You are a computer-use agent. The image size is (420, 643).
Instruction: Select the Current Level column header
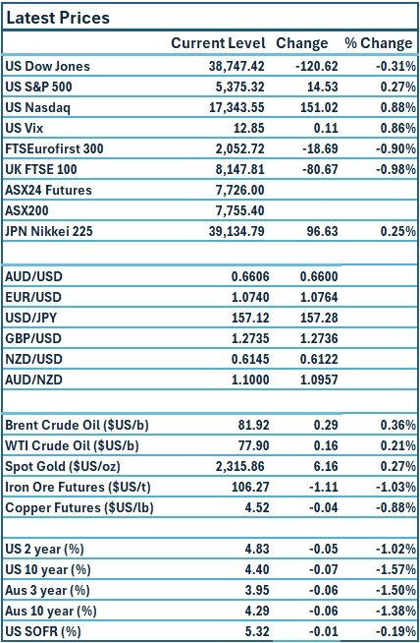(218, 43)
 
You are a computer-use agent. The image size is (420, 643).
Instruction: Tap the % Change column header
(378, 43)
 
